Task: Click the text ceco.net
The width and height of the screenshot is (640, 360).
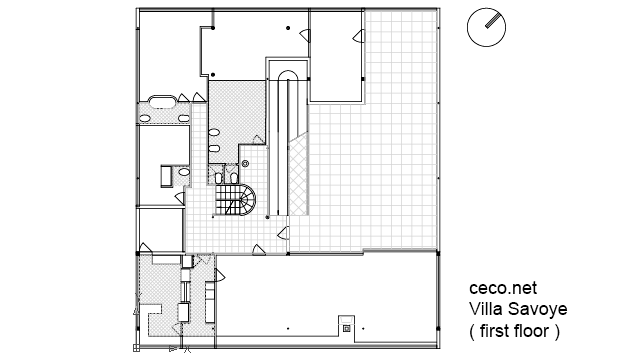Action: click(x=503, y=288)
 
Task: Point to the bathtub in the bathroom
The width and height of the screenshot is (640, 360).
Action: click(x=162, y=102)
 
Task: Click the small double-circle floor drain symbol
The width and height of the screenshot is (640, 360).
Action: click(x=245, y=164)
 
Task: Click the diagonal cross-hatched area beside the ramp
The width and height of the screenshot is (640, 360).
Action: click(x=298, y=176)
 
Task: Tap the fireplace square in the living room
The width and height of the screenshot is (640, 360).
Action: click(x=347, y=328)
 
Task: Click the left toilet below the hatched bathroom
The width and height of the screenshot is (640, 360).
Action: click(x=218, y=178)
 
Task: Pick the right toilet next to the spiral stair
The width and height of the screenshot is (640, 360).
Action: click(x=233, y=178)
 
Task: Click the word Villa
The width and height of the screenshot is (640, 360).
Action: click(x=486, y=309)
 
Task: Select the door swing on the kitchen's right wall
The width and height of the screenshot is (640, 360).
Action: click(x=220, y=276)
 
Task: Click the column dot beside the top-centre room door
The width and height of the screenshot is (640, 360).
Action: click(x=288, y=28)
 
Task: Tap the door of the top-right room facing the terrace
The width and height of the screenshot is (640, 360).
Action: click(x=358, y=36)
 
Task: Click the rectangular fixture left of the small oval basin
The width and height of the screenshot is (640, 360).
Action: click(x=167, y=176)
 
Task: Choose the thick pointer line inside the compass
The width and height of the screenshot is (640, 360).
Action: click(x=493, y=21)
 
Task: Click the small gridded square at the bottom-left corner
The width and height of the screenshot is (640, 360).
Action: click(x=136, y=348)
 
